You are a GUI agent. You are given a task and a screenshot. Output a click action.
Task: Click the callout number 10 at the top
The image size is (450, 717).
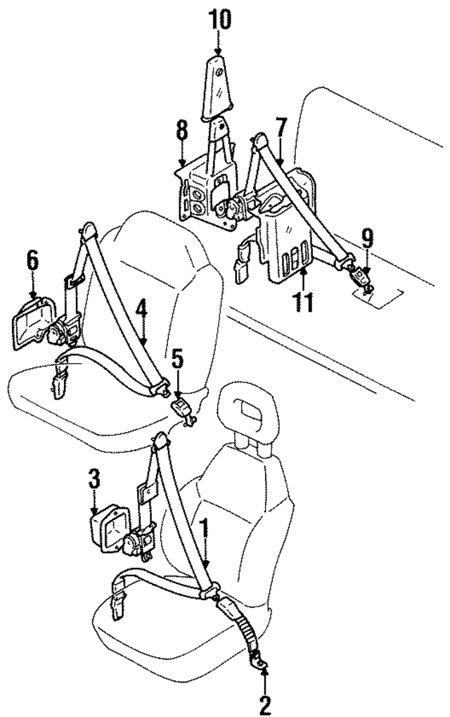pyautogui.click(x=219, y=19)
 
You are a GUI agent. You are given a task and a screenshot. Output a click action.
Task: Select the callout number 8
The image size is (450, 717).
pyautogui.click(x=181, y=131)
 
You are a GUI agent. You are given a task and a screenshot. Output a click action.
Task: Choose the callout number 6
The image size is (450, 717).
pyautogui.click(x=32, y=260)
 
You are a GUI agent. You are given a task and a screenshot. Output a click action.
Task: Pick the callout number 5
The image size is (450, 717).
pyautogui.click(x=178, y=360)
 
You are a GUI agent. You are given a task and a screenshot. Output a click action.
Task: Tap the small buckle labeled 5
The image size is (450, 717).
pyautogui.click(x=183, y=407)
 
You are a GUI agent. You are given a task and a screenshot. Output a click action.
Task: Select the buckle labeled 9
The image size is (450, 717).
pyautogui.click(x=363, y=276)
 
